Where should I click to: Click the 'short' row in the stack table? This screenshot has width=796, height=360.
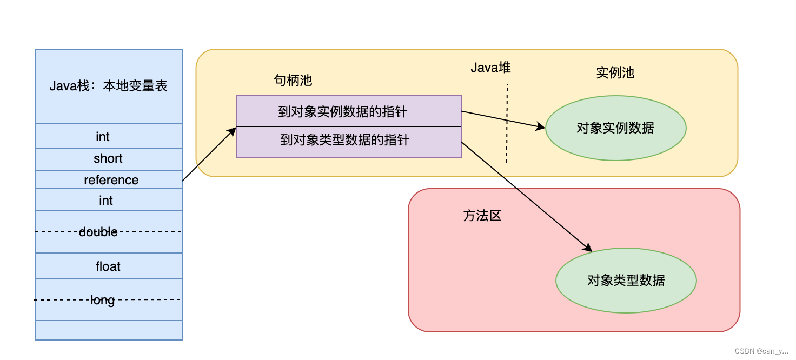coord(108,159)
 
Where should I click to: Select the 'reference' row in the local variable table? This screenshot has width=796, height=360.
coord(108,179)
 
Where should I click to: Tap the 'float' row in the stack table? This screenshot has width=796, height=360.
coord(108,266)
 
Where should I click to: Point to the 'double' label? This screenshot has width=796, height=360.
coord(98,232)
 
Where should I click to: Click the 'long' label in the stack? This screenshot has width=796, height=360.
coord(103,301)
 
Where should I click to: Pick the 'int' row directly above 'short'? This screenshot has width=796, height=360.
coord(108,136)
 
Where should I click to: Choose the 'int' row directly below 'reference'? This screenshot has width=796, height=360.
coord(108,199)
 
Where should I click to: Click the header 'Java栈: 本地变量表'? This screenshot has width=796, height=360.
coord(108,86)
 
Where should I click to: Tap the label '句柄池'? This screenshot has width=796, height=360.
coord(293,81)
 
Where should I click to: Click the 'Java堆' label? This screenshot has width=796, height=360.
coord(491,67)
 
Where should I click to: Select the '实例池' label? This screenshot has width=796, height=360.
coord(615,73)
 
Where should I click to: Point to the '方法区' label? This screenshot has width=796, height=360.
coord(482,216)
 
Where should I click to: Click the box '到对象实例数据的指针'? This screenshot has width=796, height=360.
coord(349,111)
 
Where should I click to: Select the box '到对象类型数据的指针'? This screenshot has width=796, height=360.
coord(349,142)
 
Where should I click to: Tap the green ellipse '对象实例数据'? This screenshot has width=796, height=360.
coord(616,128)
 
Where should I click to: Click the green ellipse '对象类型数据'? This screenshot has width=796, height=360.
coord(626,281)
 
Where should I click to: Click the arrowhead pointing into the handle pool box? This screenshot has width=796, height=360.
coord(233,131)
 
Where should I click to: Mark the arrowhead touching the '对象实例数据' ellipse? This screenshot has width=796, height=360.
coord(541,126)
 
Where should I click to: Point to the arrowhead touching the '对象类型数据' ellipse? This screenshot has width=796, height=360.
coord(588,248)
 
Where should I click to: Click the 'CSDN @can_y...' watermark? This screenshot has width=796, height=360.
coord(761,351)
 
